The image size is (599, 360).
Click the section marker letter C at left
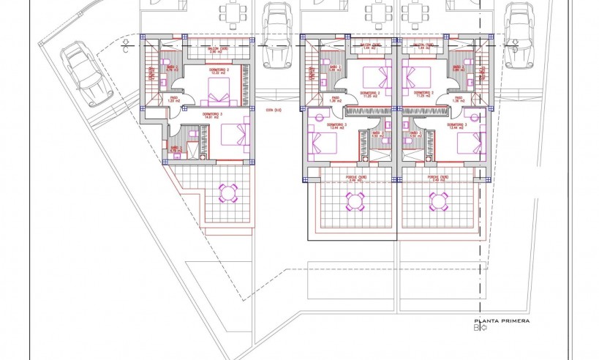[127, 50]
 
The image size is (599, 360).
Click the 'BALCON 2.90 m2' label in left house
[215, 51]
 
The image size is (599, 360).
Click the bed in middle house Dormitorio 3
[322, 139]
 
